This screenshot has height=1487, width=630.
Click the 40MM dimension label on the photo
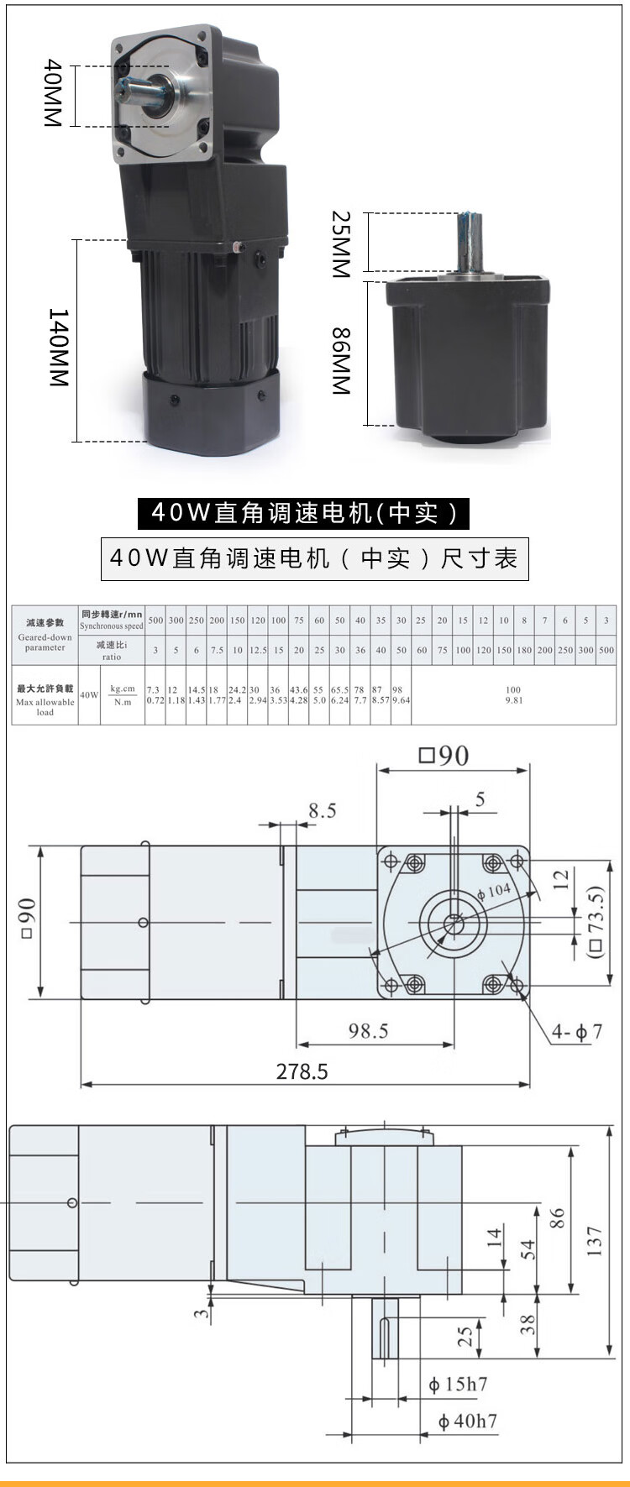tap(53, 93)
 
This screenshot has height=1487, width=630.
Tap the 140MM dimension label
tap(58, 348)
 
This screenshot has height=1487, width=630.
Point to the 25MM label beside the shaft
tap(340, 244)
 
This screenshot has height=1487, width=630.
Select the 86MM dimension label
tap(340, 361)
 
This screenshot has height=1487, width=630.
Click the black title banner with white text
tap(303, 513)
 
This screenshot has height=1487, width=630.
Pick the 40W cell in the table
tap(89, 695)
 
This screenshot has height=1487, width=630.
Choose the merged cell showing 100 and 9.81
tap(513, 694)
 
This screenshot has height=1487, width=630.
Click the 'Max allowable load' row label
tap(45, 700)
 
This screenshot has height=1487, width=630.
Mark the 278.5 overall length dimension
tap(302, 1071)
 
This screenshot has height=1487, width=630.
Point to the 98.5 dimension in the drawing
tap(368, 1031)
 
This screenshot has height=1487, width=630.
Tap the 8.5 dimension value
tap(322, 810)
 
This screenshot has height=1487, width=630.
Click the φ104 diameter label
tap(494, 891)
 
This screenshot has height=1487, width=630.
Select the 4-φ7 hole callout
tap(577, 1032)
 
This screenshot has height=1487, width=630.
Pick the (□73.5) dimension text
tap(596, 924)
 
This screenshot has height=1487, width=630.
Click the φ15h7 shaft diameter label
tap(458, 1385)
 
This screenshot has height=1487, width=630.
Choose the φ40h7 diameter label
tap(468, 1422)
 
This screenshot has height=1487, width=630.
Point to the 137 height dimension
tap(595, 1241)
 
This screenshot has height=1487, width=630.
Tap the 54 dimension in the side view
tap(528, 1249)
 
